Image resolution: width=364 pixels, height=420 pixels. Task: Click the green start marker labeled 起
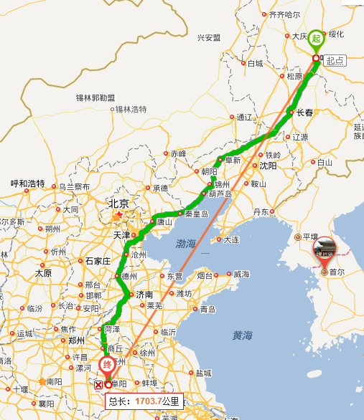coord(316,39)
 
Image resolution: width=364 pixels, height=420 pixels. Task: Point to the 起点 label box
coord(335,62)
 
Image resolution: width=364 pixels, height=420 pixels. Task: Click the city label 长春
coord(304,113)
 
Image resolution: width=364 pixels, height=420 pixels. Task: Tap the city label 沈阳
coord(268,166)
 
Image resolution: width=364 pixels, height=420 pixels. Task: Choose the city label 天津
coord(121,235)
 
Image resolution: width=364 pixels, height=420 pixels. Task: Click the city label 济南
coord(144,295)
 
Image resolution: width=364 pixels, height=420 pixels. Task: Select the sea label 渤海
coord(185,244)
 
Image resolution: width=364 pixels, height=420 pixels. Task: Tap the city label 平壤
coord(310,237)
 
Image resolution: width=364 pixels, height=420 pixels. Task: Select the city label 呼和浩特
coord(27,183)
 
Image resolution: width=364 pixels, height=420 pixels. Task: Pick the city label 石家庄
coord(98,261)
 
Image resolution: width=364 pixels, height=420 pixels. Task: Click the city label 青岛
coord(207,310)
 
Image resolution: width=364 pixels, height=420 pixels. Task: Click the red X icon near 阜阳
coord(98,386)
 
